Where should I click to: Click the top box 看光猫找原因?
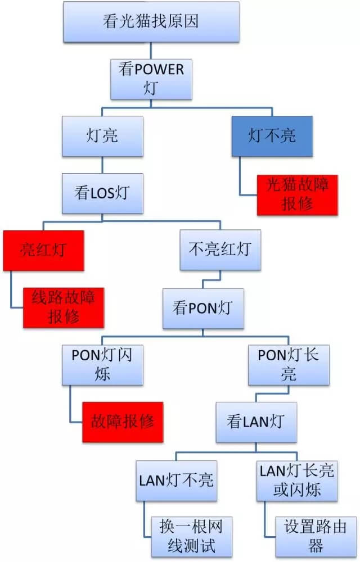pyautogui.click(x=152, y=22)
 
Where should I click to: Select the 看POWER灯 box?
pyautogui.click(x=151, y=79)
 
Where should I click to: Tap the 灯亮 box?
pyautogui.click(x=102, y=136)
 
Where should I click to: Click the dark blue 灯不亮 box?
pyautogui.click(x=272, y=136)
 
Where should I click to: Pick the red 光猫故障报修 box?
pyautogui.click(x=297, y=194)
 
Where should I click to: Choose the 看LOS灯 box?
pyautogui.click(x=102, y=193)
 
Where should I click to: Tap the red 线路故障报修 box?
pyautogui.click(x=63, y=307)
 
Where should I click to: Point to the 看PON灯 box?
pyautogui.click(x=204, y=309)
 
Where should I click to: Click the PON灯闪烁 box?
pyautogui.click(x=102, y=365)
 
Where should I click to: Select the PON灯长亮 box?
pyautogui.click(x=289, y=365)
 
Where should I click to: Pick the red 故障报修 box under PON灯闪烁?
pyautogui.click(x=122, y=422)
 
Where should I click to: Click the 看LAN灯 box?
pyautogui.click(x=256, y=422)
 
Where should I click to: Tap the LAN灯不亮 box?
pyautogui.click(x=176, y=480)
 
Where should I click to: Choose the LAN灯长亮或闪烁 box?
pyautogui.click(x=297, y=480)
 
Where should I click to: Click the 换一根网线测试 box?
pyautogui.click(x=192, y=536)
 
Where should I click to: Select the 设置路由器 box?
pyautogui.click(x=316, y=536)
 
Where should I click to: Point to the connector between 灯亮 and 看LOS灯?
pyautogui.click(x=102, y=165)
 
